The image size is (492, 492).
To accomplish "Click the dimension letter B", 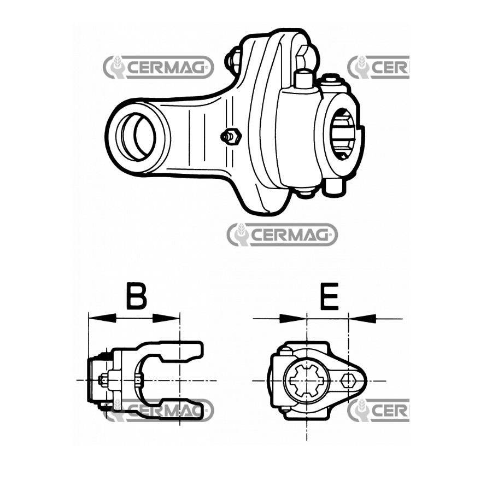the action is (137, 296).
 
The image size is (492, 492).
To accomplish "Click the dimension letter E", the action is (330, 296).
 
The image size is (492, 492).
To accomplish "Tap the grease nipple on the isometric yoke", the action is (231, 137).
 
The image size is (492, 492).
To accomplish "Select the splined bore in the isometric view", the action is (344, 134).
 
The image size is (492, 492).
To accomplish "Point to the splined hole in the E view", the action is (307, 380).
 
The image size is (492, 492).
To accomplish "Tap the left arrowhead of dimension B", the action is (102, 318).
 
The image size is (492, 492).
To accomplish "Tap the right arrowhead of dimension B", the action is (166, 318).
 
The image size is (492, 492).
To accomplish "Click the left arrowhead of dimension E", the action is (293, 319).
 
